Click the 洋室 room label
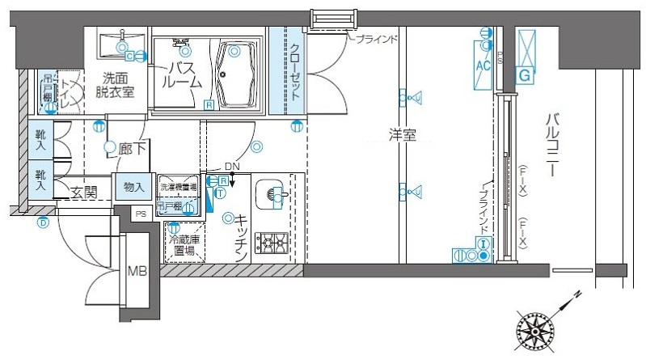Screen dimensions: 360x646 [x=401, y=136]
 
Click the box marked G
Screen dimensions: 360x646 [x=526, y=75]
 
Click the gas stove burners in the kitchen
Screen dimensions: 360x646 [x=272, y=241]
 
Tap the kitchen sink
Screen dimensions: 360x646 [x=272, y=194]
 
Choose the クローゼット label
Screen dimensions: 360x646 [x=296, y=71]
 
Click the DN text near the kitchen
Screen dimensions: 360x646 [x=232, y=167]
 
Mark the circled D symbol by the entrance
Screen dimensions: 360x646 [x=43, y=222]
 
